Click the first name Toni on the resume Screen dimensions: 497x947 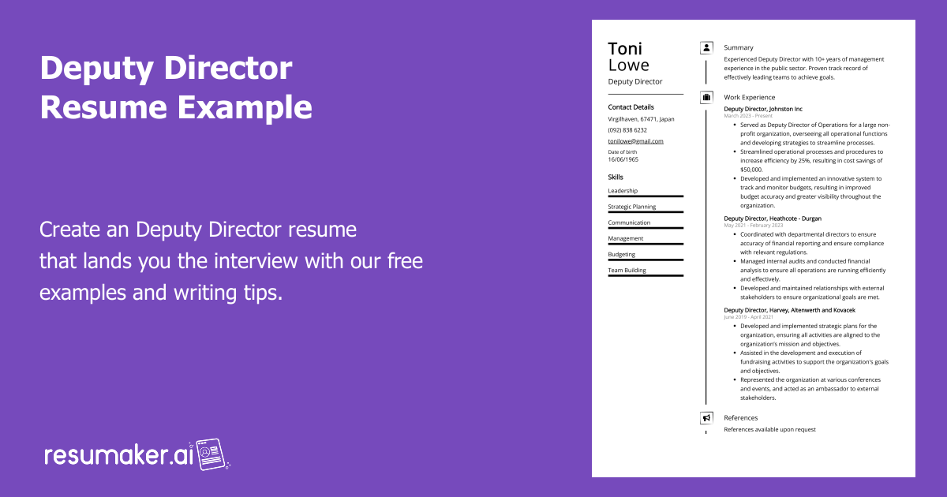(625, 48)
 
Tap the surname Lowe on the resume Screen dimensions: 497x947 (629, 65)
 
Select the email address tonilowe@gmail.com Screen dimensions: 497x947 (635, 141)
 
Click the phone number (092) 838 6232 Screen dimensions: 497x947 (627, 130)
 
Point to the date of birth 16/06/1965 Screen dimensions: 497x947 (623, 159)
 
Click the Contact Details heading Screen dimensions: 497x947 (631, 107)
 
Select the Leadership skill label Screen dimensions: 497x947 (623, 191)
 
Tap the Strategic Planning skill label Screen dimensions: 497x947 (631, 207)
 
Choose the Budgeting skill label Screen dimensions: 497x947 (622, 254)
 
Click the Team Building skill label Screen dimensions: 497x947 (627, 270)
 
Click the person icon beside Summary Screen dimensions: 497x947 (706, 48)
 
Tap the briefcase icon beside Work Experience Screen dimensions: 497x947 (706, 98)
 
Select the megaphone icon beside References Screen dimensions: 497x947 (706, 418)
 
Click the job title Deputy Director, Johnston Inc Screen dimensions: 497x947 (762, 109)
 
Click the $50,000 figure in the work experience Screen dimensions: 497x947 (751, 170)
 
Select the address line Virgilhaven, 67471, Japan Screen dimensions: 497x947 (641, 119)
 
